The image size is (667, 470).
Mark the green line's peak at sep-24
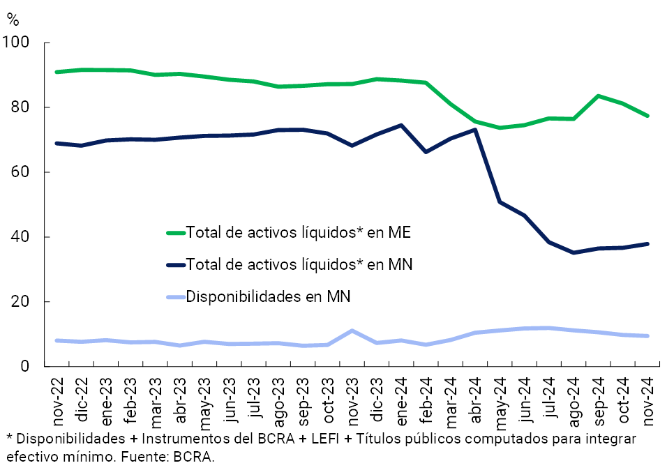pyautogui.click(x=599, y=96)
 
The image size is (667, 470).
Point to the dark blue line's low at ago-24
pyautogui.click(x=574, y=252)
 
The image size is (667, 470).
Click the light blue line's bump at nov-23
pyautogui.click(x=352, y=331)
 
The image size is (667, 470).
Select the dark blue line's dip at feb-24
pyautogui.click(x=426, y=151)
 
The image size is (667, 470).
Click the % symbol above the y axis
pyautogui.click(x=13, y=20)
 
